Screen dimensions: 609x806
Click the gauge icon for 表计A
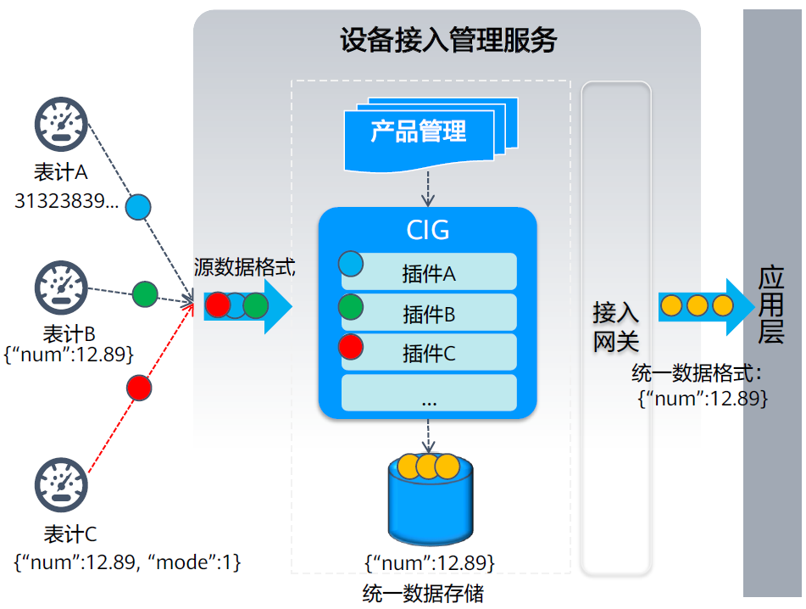[61, 125]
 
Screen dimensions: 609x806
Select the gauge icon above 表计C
[61, 484]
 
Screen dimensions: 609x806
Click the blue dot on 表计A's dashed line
[138, 206]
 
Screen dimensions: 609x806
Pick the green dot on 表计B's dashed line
[145, 294]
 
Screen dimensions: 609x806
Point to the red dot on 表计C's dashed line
[139, 388]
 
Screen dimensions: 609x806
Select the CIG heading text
[428, 230]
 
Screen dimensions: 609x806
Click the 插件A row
[429, 272]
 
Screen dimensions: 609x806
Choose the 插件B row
[429, 313]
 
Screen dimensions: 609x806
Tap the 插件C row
[429, 353]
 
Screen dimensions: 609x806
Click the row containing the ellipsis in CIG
[429, 393]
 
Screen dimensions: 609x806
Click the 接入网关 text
[615, 327]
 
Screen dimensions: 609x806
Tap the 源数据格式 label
[244, 266]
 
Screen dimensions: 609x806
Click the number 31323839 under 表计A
[67, 201]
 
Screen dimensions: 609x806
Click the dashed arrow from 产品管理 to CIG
[429, 187]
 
